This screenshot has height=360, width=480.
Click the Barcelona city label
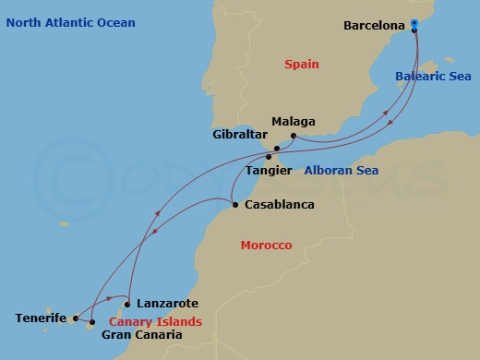click(x=374, y=26)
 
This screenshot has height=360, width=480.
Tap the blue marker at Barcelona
click(x=414, y=24)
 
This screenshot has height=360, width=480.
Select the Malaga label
click(x=294, y=121)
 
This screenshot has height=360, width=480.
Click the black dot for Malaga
click(x=293, y=137)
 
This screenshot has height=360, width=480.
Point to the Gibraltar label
click(x=238, y=134)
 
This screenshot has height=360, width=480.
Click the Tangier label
click(x=270, y=171)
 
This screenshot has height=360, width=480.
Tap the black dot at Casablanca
click(x=235, y=205)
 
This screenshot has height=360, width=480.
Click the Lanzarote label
click(x=166, y=303)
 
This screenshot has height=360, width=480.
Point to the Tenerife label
click(x=41, y=318)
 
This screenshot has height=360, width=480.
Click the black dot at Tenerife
click(x=76, y=318)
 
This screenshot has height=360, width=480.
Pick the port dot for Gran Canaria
click(x=91, y=323)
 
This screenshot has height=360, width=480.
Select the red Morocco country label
click(x=266, y=246)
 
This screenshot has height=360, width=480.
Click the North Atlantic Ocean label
click(x=70, y=22)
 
